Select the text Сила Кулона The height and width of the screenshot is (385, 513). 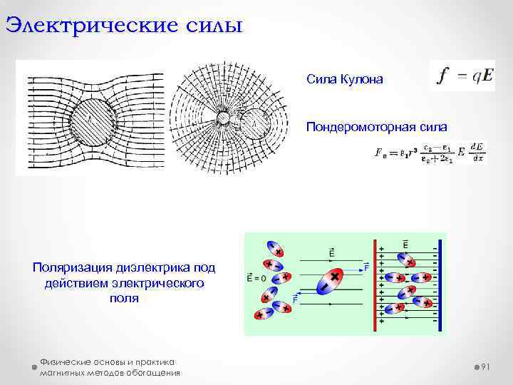pos(344,79)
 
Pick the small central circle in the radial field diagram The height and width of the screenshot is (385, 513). pos(222,118)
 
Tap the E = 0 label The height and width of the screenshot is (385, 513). pos(256,279)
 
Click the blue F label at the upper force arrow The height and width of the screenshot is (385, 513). pos(366,267)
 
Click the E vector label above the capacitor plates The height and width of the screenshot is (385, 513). pos(405,245)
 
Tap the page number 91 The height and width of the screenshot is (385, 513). pos(487,366)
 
